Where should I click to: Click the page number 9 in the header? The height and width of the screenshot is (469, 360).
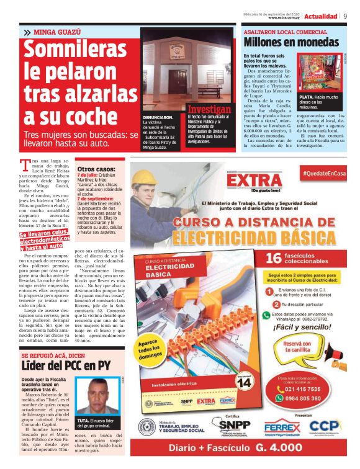tap(344, 16)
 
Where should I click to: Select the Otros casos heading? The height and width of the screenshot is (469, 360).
tap(96, 169)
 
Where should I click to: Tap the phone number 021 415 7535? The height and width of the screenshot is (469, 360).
tap(304, 389)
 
